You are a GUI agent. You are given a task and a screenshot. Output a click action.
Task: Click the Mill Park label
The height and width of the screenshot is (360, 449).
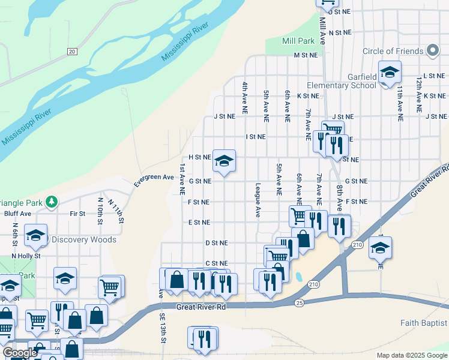298,41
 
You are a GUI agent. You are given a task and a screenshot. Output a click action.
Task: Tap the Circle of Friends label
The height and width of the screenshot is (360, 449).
393,51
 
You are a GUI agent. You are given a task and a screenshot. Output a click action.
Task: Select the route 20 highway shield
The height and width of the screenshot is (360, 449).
72,52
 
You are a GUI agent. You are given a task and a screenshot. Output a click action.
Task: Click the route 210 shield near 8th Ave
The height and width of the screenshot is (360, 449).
358,245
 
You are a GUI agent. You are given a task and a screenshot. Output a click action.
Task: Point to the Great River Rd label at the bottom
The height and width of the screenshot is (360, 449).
200,307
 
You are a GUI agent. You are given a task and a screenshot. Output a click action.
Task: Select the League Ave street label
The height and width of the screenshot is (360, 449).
258,200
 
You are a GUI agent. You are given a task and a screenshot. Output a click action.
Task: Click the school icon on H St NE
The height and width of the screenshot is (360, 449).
224,161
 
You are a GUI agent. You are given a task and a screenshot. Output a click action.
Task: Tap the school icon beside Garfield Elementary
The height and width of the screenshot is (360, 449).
390,73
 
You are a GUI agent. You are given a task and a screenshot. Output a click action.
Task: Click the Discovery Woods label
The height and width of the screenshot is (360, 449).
83,239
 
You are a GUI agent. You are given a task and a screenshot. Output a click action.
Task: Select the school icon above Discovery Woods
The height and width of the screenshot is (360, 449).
35,236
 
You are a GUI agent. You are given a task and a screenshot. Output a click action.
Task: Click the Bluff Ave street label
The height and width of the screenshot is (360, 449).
17,213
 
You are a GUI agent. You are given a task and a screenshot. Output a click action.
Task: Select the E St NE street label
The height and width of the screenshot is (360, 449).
199,222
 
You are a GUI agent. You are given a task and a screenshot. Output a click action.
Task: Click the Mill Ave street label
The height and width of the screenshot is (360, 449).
322,31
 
